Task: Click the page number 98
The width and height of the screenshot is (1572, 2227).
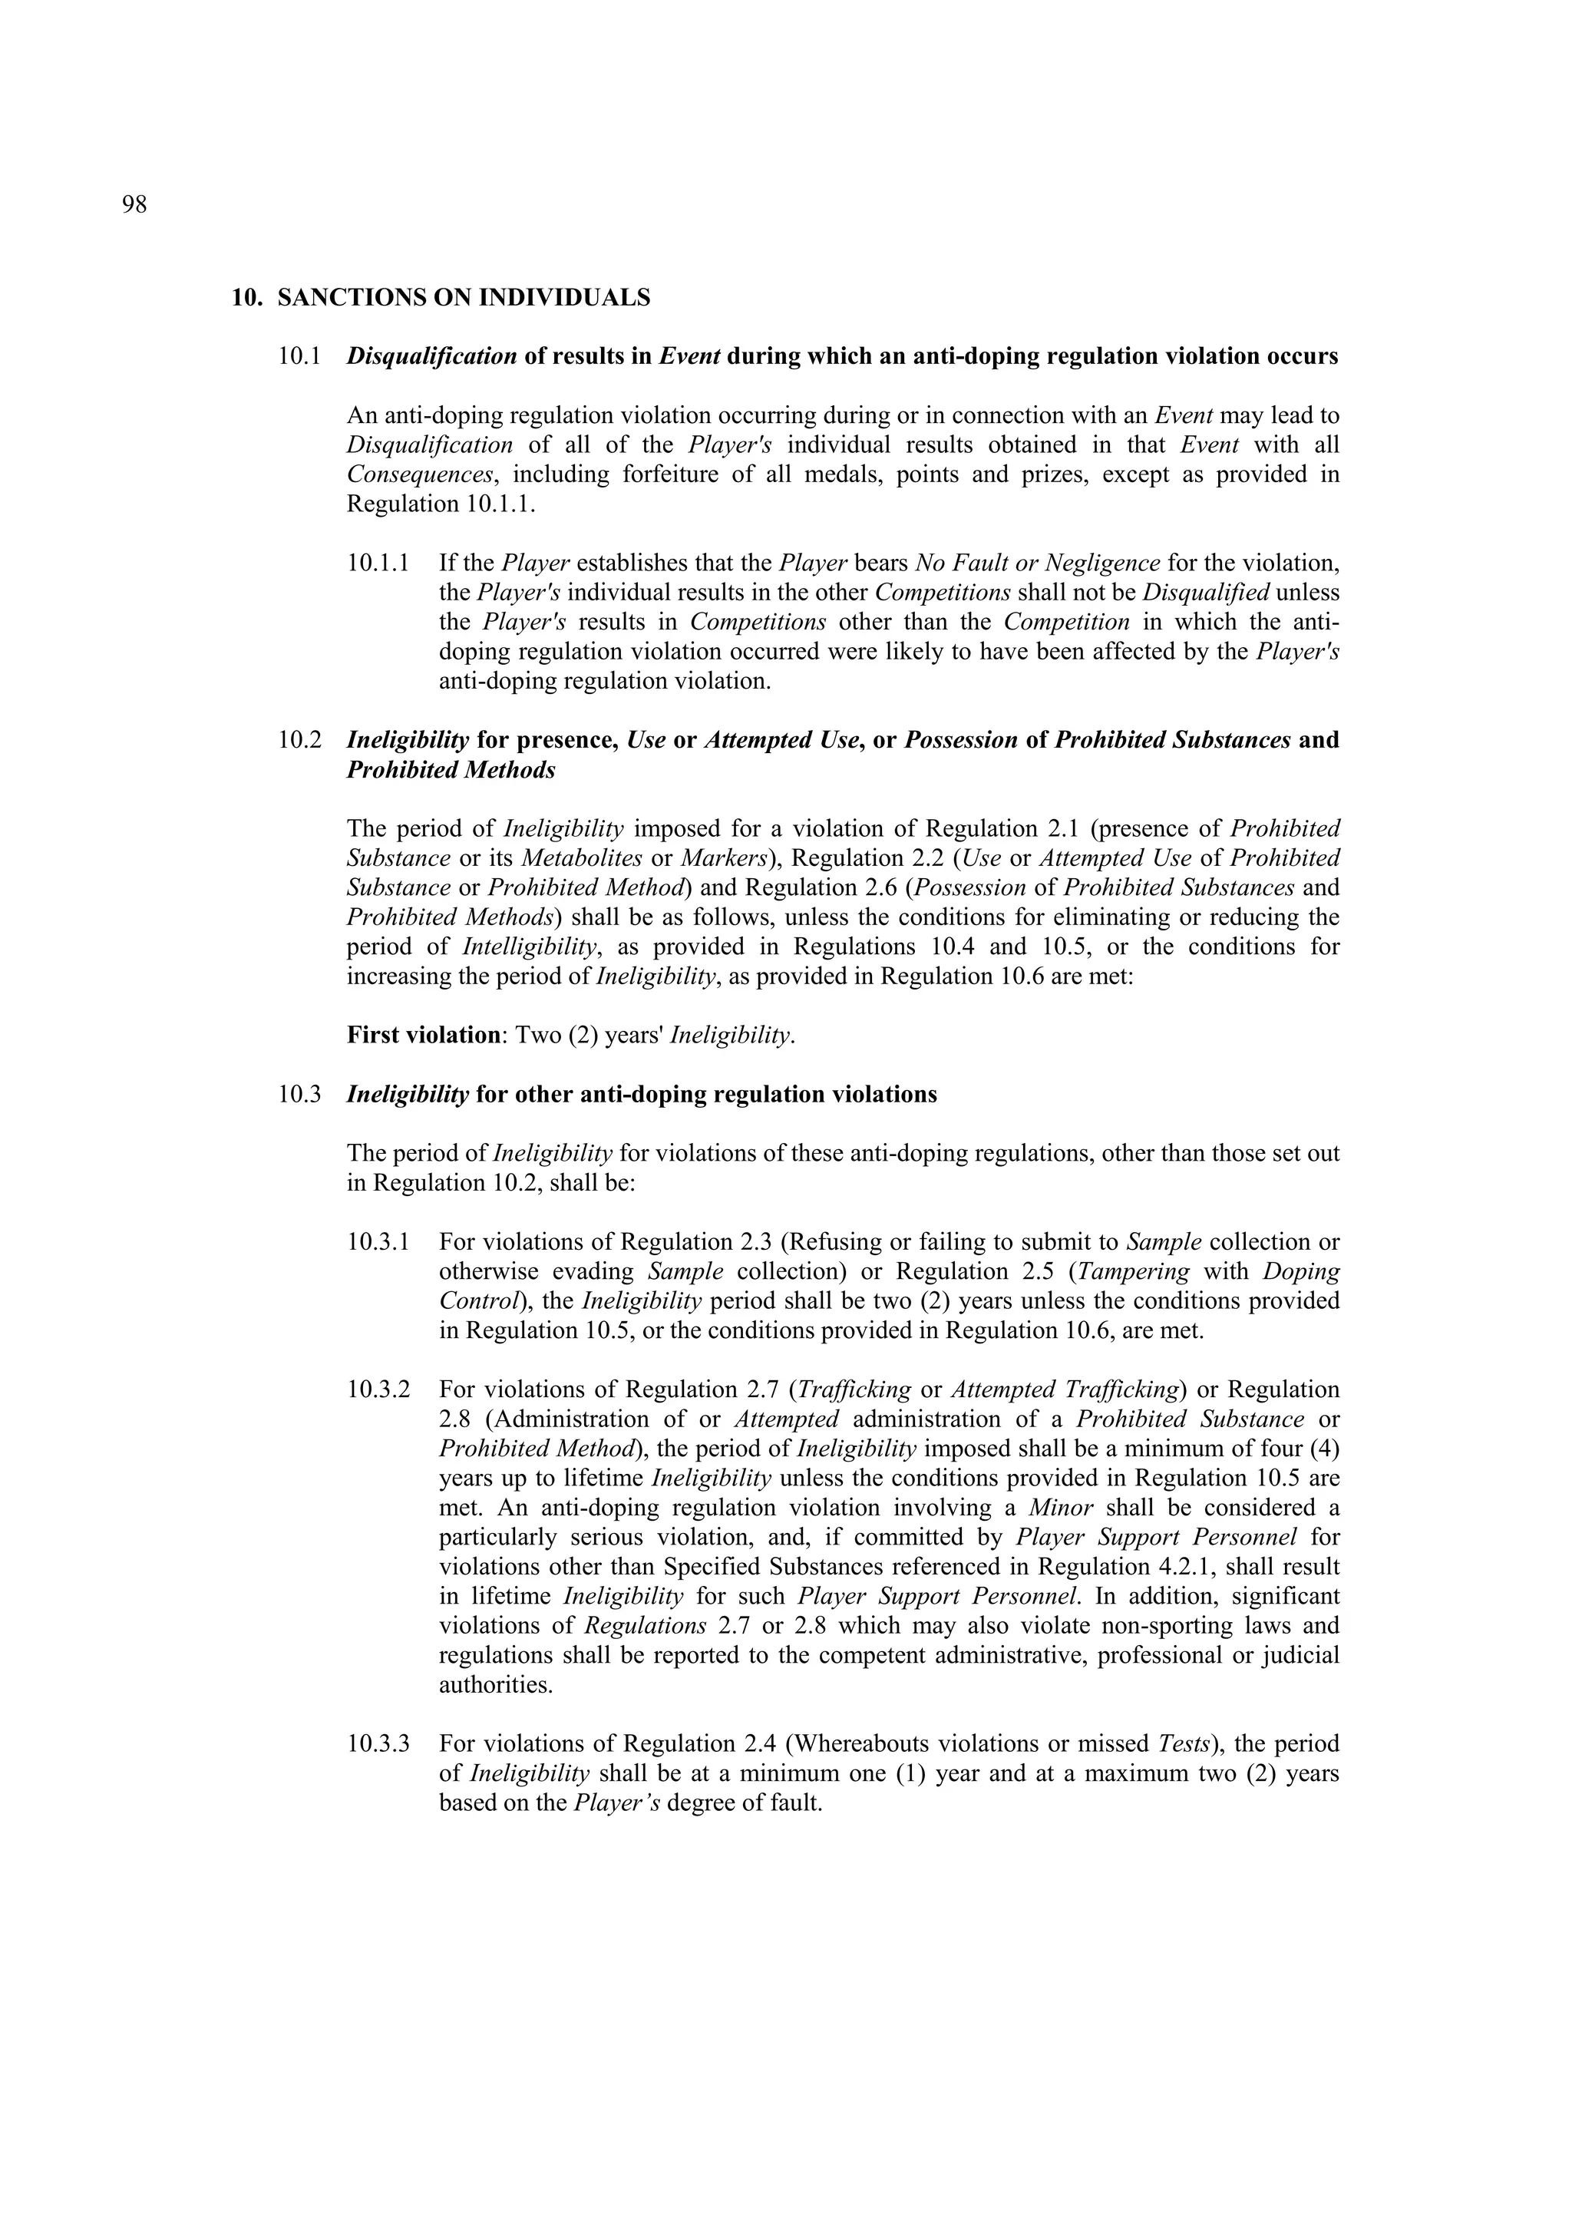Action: pos(135,205)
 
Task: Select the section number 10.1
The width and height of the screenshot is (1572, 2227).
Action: pos(299,356)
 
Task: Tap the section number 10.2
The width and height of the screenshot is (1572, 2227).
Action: pos(299,740)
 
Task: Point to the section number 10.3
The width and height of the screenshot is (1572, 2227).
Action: pos(299,1094)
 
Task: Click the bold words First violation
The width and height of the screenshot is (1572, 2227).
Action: pos(423,1035)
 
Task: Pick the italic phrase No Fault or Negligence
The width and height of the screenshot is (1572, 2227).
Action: pos(1037,563)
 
